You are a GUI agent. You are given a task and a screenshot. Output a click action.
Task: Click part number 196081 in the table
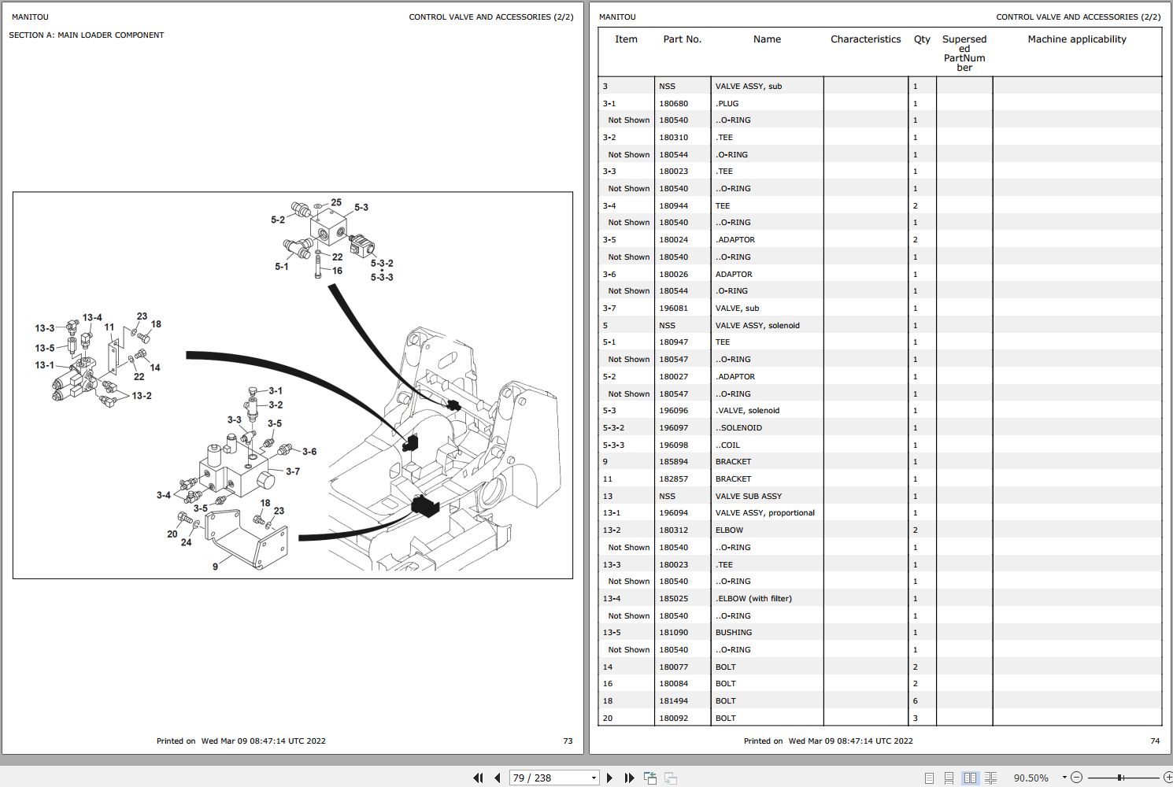coord(673,308)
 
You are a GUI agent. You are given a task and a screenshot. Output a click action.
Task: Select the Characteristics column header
coord(865,39)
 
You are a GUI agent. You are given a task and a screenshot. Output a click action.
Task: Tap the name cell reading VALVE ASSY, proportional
coord(765,512)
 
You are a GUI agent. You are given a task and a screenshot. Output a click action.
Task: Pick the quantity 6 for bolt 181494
coord(916,700)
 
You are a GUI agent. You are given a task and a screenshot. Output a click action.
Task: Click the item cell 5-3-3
coord(613,445)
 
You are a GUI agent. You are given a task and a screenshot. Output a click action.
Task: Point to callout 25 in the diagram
coord(336,202)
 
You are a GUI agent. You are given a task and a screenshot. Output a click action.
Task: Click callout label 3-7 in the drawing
coord(293,471)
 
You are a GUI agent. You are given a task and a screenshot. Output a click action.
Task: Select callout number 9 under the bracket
coord(215,567)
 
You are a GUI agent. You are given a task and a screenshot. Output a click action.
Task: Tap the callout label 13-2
coord(142,396)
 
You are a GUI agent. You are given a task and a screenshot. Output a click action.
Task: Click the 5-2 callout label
coord(278,220)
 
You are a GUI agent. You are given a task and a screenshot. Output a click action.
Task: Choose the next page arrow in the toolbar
coord(609,778)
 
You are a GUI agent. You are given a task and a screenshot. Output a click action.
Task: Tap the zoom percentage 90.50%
coord(1031,778)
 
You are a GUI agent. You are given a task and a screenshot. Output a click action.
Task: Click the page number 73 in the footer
coord(568,741)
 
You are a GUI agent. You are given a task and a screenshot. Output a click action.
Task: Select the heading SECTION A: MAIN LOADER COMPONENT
coord(87,35)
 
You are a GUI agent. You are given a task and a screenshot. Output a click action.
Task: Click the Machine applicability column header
coord(1077,39)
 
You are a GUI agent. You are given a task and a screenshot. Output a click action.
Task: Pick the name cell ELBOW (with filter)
coord(753,598)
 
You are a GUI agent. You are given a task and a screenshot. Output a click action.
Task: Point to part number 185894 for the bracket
coord(673,461)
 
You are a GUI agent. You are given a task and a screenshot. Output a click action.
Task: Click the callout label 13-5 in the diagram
coord(45,348)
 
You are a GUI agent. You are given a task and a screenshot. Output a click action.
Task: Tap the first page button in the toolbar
coord(478,778)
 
